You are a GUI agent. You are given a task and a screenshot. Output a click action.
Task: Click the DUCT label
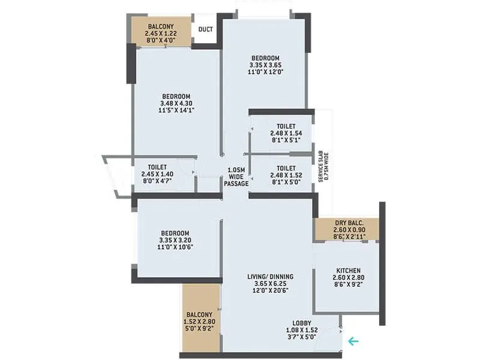205,29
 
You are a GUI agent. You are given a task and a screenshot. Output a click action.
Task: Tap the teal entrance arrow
353,341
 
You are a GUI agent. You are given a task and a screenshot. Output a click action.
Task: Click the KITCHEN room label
348,270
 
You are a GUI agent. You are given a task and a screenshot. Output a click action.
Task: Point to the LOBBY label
302,322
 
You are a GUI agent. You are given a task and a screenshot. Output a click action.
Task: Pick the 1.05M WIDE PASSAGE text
236,176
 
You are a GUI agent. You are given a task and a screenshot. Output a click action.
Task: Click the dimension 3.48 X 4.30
176,103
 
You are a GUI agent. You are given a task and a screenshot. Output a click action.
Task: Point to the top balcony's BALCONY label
161,26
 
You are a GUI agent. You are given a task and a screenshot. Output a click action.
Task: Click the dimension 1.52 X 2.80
200,322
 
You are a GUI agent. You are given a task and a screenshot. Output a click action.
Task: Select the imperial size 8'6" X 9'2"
348,284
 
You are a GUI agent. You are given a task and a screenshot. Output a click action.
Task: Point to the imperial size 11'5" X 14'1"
176,110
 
